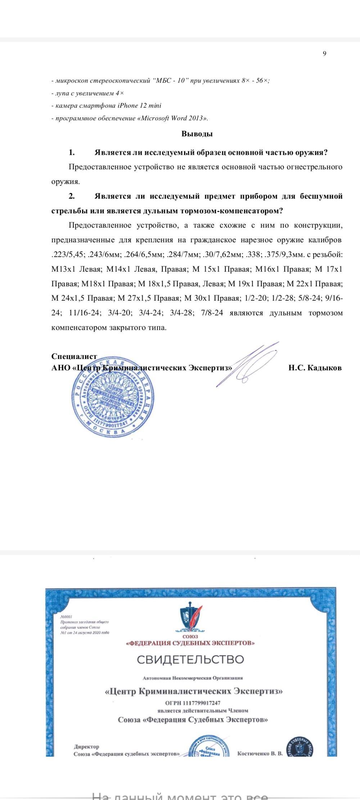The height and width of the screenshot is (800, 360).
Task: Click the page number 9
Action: pyautogui.click(x=324, y=54)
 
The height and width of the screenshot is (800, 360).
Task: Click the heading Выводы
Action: pyautogui.click(x=197, y=134)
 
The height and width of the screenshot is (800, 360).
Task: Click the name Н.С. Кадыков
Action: pyautogui.click(x=315, y=368)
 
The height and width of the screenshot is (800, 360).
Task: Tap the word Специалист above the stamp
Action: pyautogui.click(x=74, y=356)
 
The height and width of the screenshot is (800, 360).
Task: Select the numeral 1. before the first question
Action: pyautogui.click(x=72, y=152)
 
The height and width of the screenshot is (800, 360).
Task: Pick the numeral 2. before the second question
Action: pyautogui.click(x=72, y=196)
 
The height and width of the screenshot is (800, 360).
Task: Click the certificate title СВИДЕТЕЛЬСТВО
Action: pyautogui.click(x=190, y=660)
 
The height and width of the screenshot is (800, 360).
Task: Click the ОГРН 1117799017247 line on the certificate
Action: pyautogui.click(x=193, y=703)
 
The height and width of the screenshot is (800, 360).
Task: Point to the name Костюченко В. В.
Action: pyautogui.click(x=260, y=753)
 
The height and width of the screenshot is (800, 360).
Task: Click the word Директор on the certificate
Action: pyautogui.click(x=86, y=747)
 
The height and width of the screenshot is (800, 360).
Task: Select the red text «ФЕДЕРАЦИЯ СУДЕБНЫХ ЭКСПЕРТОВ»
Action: pyautogui.click(x=190, y=643)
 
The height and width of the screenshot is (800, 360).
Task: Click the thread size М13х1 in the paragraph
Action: pyautogui.click(x=63, y=269)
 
